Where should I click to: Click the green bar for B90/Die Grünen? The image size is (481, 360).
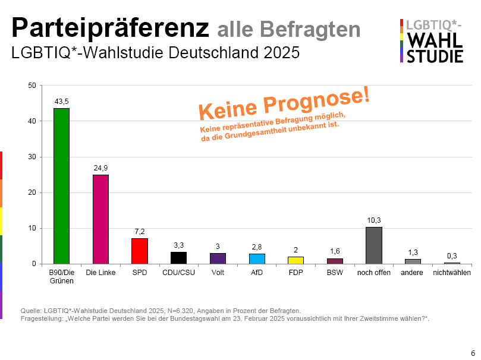point(61,186)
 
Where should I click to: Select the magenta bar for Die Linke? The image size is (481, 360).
point(100,219)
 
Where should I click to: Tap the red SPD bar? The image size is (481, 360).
point(139,251)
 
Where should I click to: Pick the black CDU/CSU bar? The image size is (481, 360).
point(178,258)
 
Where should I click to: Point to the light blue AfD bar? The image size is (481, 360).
point(257,258)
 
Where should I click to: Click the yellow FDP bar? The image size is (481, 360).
point(295,260)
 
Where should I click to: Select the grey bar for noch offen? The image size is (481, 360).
point(373,245)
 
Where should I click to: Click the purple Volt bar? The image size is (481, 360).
point(218,258)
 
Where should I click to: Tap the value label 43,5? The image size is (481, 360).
point(61,102)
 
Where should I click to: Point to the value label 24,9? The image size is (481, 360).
point(100,169)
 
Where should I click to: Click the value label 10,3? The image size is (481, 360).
point(373,220)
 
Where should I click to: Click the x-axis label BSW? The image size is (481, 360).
point(335,273)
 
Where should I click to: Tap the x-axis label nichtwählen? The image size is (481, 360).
point(452,273)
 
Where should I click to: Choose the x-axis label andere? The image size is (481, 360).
point(413,273)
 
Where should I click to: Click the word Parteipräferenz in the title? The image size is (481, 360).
point(110,27)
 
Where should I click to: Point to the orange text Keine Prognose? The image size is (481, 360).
point(284,102)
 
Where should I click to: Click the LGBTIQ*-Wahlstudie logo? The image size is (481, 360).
point(432,40)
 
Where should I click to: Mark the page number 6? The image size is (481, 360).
point(473,351)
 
